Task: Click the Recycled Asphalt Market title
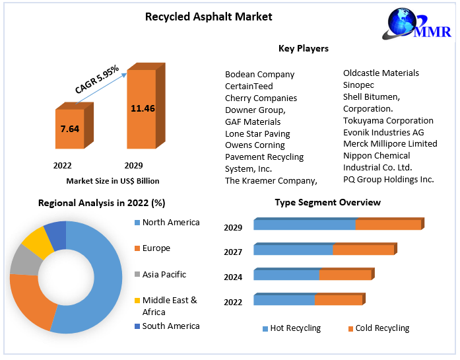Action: pyautogui.click(x=209, y=17)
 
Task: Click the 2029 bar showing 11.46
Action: pyautogui.click(x=142, y=108)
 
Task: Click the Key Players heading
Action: pyautogui.click(x=303, y=48)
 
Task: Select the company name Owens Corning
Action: pyautogui.click(x=255, y=145)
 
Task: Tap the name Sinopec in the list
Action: pyautogui.click(x=358, y=85)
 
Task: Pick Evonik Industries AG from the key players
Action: pyautogui.click(x=383, y=132)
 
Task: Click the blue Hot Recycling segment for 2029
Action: pyautogui.click(x=304, y=225)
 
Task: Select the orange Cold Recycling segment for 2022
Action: pyautogui.click(x=339, y=300)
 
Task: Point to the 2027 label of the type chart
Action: pyautogui.click(x=233, y=252)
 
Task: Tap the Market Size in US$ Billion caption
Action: pyautogui.click(x=113, y=181)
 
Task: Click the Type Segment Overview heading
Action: pyautogui.click(x=327, y=202)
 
